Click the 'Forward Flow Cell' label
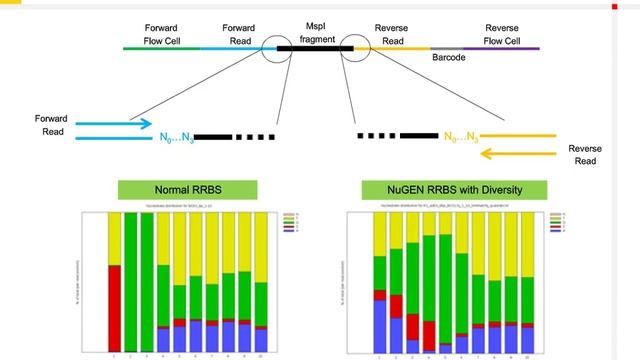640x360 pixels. tap(160, 34)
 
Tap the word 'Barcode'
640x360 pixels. tap(448, 59)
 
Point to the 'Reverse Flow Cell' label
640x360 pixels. tap(501, 34)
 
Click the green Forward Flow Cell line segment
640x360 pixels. tap(160, 47)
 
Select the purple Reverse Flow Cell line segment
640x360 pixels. tap(516, 47)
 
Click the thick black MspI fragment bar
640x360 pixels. tap(311, 47)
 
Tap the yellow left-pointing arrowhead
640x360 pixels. tap(487, 153)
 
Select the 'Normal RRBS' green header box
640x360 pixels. tap(175, 190)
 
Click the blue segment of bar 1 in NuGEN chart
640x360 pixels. tap(380, 326)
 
